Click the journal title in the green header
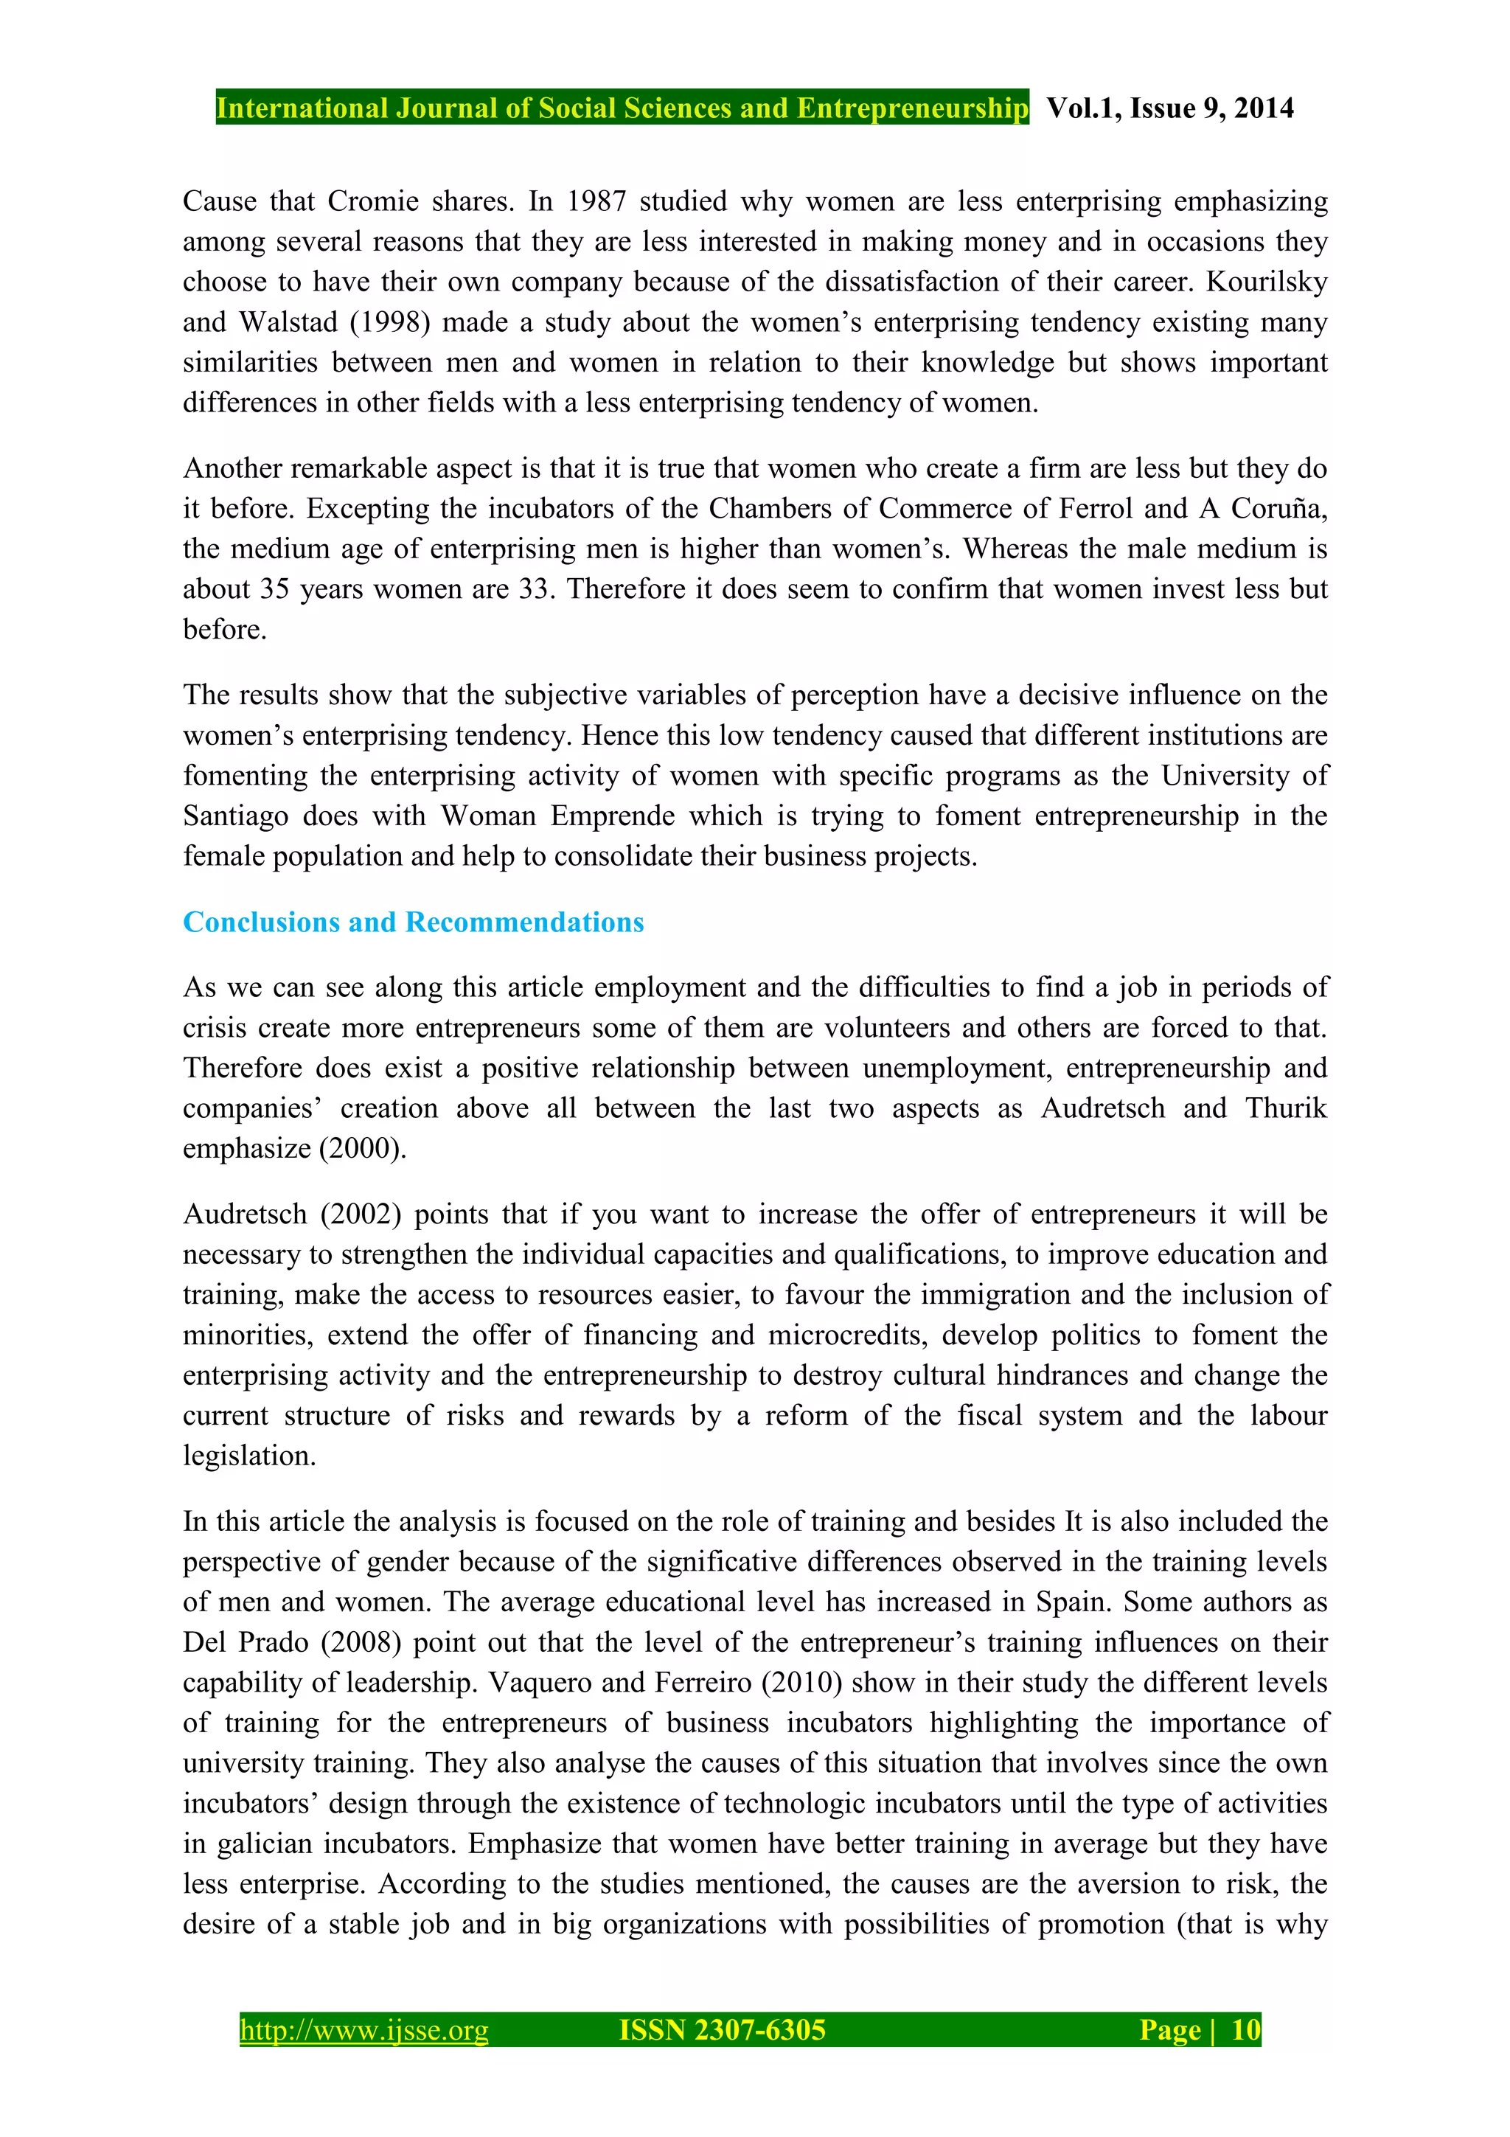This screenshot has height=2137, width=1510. (622, 108)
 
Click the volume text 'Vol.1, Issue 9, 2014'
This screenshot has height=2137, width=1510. (1169, 108)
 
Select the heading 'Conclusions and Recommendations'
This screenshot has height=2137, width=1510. (413, 922)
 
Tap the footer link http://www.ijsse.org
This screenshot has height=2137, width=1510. (363, 2030)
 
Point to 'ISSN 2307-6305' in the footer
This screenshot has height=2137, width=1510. (722, 2030)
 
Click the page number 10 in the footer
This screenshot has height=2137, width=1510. (1245, 2030)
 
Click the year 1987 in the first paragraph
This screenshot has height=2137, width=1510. (596, 201)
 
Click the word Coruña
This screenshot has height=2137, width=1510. (1278, 508)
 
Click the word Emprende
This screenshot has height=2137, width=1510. (612, 816)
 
